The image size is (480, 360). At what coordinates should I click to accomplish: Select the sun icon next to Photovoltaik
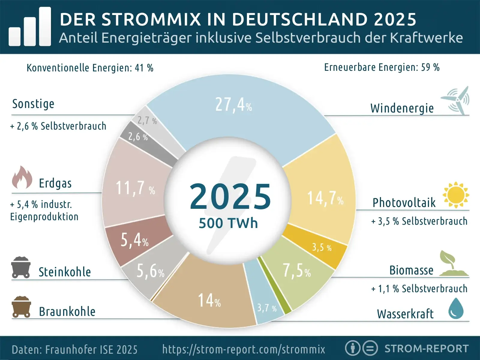pyautogui.click(x=456, y=195)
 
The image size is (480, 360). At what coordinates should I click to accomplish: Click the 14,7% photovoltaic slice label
pyautogui.click(x=325, y=199)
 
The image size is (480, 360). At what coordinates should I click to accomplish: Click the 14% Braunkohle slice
pyautogui.click(x=209, y=300)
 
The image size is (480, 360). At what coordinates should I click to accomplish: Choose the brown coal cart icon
pyautogui.click(x=21, y=307)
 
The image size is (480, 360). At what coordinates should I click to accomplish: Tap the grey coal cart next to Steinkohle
pyautogui.click(x=21, y=267)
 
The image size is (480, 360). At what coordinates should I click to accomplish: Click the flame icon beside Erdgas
pyautogui.click(x=22, y=178)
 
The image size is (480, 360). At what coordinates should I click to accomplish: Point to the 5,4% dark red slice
pyautogui.click(x=134, y=240)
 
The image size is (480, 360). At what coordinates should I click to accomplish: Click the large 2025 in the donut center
pyautogui.click(x=230, y=196)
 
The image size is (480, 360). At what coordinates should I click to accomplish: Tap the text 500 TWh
pyautogui.click(x=228, y=223)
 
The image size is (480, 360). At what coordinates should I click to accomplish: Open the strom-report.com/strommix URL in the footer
pyautogui.click(x=244, y=349)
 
